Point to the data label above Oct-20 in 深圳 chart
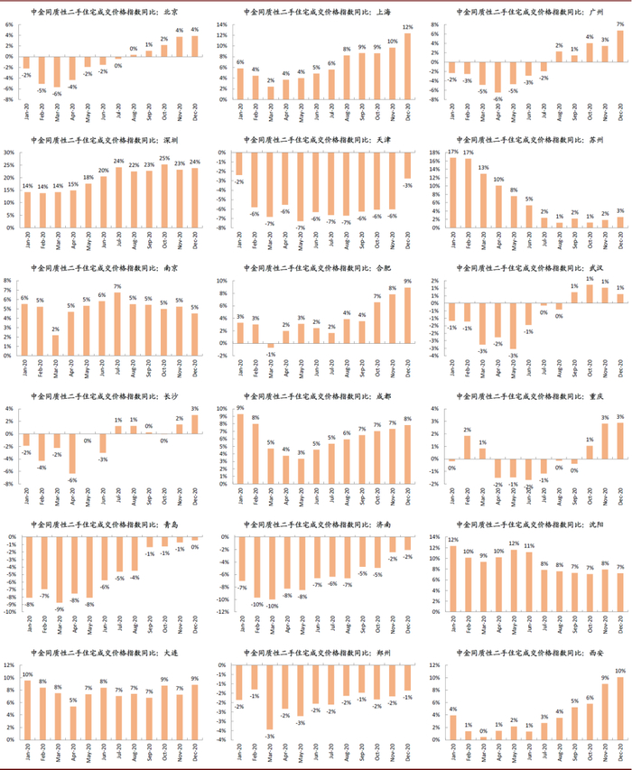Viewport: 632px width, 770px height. (164, 158)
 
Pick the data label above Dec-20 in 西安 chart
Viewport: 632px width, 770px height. (620, 670)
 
